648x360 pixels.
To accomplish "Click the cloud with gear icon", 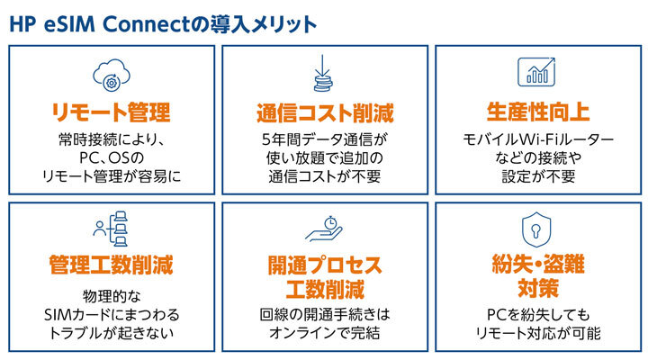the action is pyautogui.click(x=112, y=76).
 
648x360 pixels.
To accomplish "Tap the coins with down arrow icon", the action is pyautogui.click(x=323, y=73).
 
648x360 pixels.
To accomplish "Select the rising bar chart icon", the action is pyautogui.click(x=536, y=72).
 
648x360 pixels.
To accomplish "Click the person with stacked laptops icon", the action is pyautogui.click(x=111, y=229).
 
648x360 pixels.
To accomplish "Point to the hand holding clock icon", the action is pyautogui.click(x=324, y=229).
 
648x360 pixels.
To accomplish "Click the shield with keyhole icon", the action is pyautogui.click(x=536, y=229).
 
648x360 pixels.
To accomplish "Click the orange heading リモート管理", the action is pyautogui.click(x=112, y=112).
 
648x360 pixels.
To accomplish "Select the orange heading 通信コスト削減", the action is pyautogui.click(x=325, y=112).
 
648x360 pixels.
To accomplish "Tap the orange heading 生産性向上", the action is pyautogui.click(x=538, y=112).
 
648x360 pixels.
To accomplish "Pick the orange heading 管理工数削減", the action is pyautogui.click(x=112, y=265).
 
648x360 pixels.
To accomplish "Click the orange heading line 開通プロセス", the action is pyautogui.click(x=325, y=265).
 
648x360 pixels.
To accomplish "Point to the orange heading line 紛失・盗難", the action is pyautogui.click(x=538, y=264).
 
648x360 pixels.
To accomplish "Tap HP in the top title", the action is pyautogui.click(x=22, y=24).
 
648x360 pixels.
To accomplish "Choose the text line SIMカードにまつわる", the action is pyautogui.click(x=112, y=315).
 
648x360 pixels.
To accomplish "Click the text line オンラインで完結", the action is pyautogui.click(x=325, y=333).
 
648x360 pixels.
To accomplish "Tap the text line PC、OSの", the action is pyautogui.click(x=112, y=157).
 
